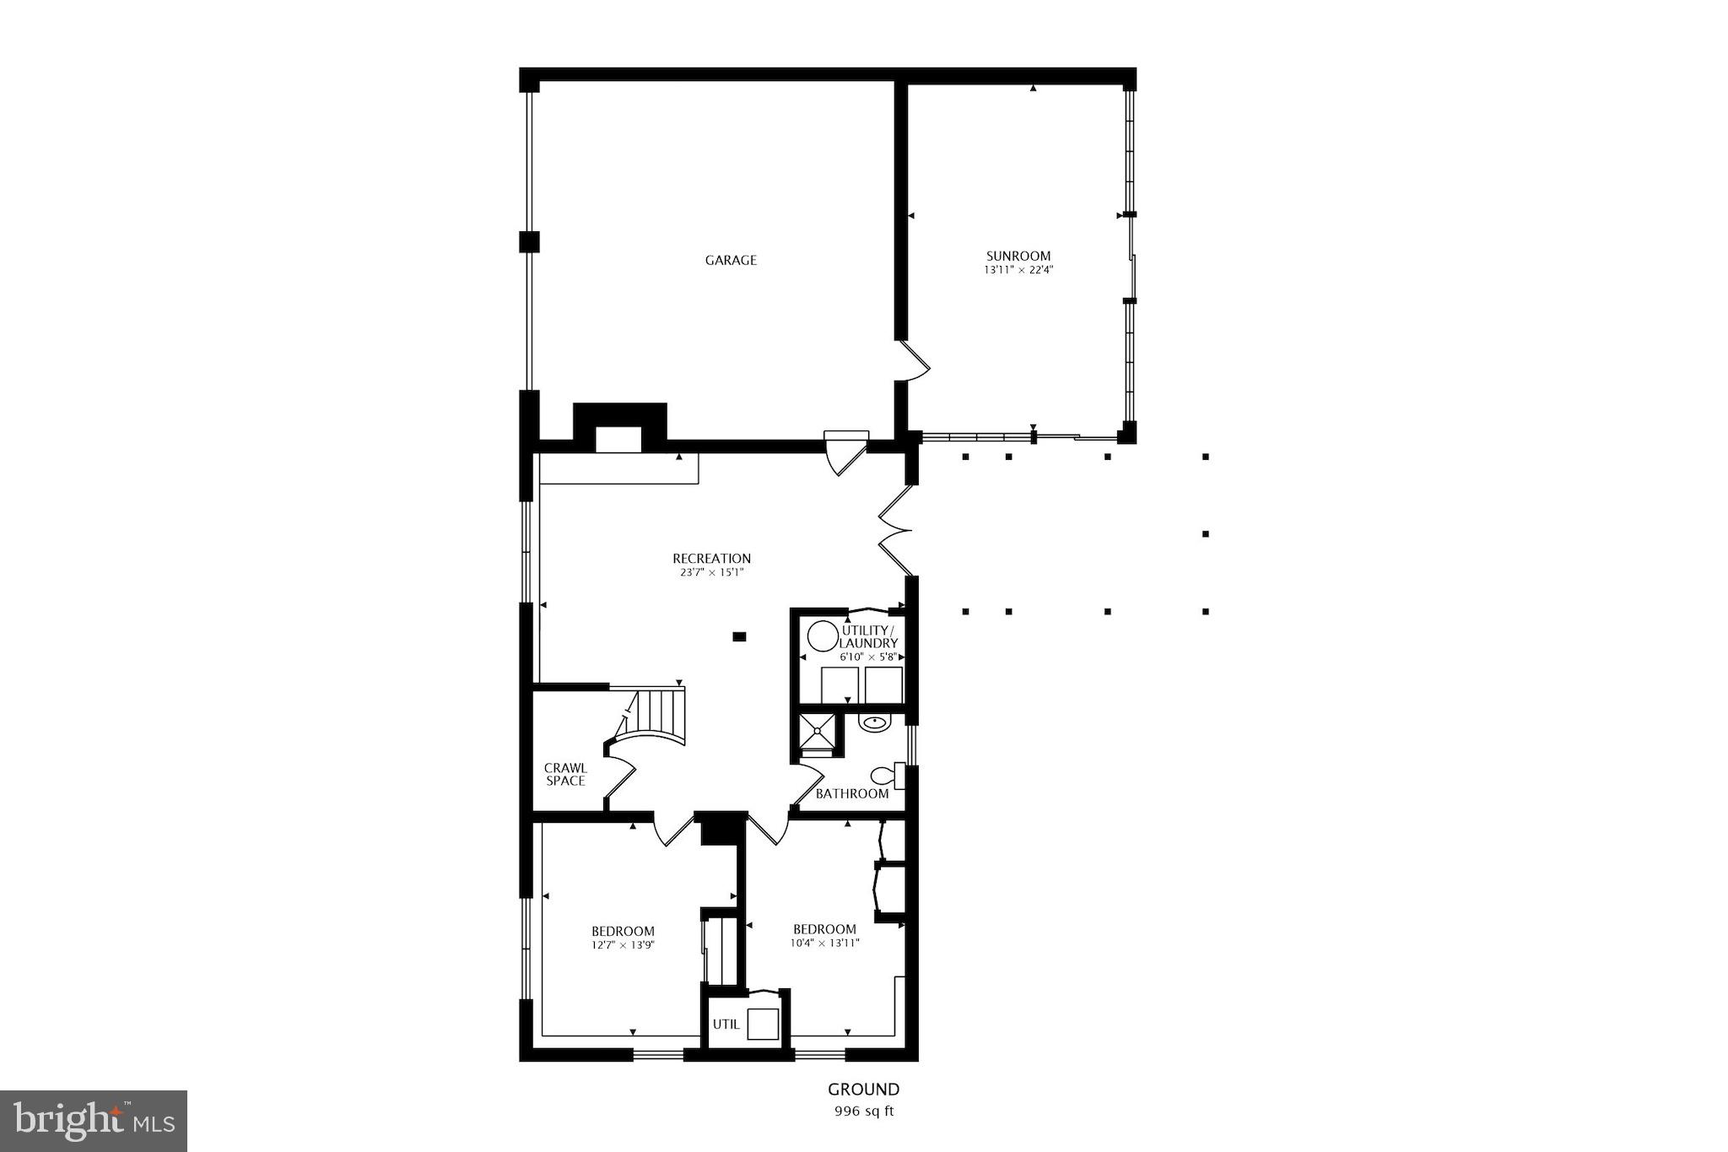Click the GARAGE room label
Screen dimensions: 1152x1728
pos(731,260)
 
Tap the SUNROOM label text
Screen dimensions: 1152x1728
pos(1018,256)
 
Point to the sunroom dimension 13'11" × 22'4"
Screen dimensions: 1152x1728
pos(1018,270)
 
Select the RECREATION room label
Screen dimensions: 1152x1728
pos(711,558)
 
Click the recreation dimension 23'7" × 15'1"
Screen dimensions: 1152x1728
pos(711,572)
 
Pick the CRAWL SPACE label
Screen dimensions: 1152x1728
pos(565,774)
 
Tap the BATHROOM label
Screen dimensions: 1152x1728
pos(851,793)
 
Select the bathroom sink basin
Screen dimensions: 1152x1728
pos(875,723)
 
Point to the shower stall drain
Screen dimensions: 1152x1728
pos(818,730)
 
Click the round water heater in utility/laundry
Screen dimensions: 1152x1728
pos(821,635)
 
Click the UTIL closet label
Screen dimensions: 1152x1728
pos(726,1025)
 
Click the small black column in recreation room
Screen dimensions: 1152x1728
pos(739,637)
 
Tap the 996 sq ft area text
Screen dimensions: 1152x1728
pos(863,1111)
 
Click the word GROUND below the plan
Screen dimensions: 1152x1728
pos(863,1090)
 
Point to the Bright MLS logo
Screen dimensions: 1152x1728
pos(94,1120)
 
